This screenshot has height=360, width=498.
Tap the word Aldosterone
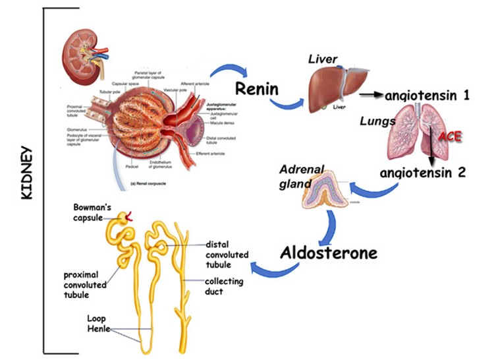[327, 253]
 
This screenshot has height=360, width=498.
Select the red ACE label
[449, 137]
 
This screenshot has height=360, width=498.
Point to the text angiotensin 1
[427, 96]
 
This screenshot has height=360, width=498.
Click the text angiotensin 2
[423, 173]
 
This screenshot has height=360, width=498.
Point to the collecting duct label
[224, 286]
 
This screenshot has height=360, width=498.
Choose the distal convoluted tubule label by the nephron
[227, 255]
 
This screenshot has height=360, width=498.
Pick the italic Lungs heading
[377, 121]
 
